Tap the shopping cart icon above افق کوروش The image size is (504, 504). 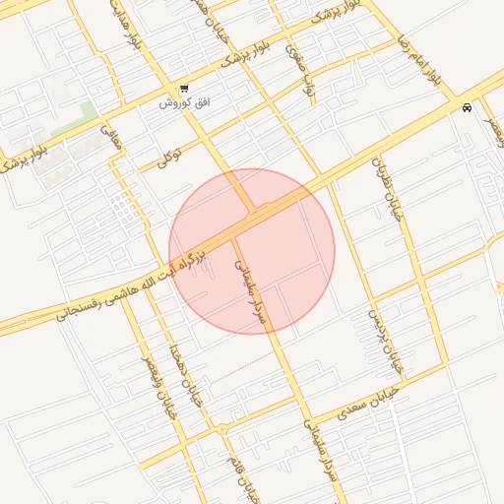pos(184,89)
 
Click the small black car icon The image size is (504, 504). pos(467,108)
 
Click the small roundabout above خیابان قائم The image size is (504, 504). pos(223,428)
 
